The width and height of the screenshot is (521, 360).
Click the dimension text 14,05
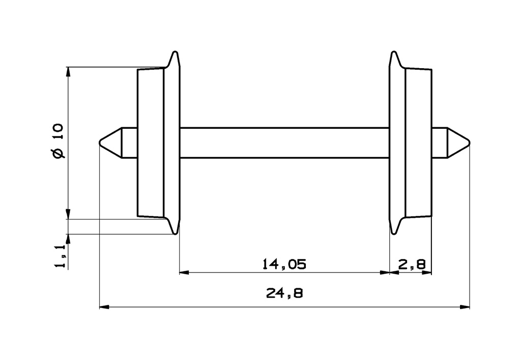pyautogui.click(x=284, y=264)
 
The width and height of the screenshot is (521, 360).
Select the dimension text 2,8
pyautogui.click(x=412, y=264)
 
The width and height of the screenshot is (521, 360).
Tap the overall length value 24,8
pyautogui.click(x=284, y=293)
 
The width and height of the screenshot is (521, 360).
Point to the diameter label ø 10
pyautogui.click(x=57, y=141)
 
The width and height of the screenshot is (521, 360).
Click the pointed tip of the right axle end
pyautogui.click(x=469, y=143)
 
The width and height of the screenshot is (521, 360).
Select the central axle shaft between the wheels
pyautogui.click(x=284, y=143)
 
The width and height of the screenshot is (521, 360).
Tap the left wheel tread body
pyautogui.click(x=151, y=143)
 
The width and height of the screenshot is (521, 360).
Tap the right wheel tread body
pyautogui.click(x=418, y=143)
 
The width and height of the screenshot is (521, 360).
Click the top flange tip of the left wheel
pyautogui.click(x=176, y=52)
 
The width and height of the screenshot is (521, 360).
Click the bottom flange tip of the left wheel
pyautogui.click(x=176, y=233)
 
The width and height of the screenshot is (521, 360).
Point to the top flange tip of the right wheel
pyautogui.click(x=393, y=52)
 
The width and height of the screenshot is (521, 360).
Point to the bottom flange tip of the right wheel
pyautogui.click(x=393, y=233)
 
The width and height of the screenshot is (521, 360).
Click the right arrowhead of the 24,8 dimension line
pyautogui.click(x=465, y=307)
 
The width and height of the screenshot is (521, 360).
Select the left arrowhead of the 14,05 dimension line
pyautogui.click(x=184, y=273)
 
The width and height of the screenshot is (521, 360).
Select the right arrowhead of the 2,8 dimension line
pyautogui.click(x=427, y=273)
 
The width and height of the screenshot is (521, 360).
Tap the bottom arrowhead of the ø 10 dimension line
pyautogui.click(x=68, y=214)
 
